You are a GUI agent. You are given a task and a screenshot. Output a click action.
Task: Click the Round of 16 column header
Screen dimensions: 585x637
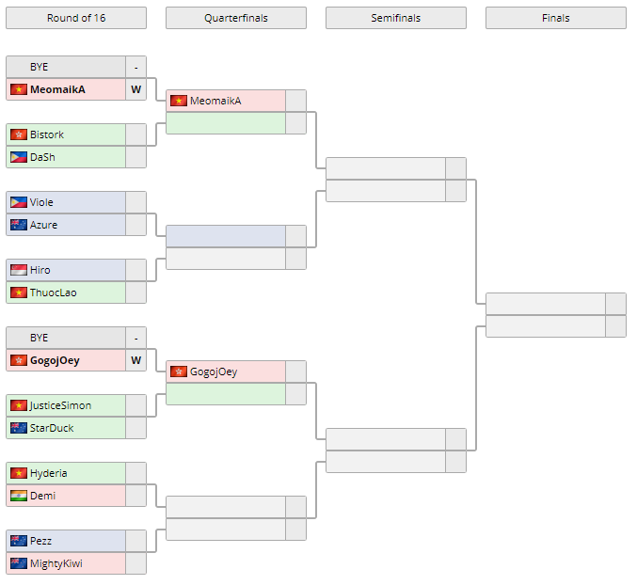pyautogui.click(x=75, y=18)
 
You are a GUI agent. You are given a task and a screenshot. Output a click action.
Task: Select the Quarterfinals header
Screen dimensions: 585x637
pyautogui.click(x=235, y=18)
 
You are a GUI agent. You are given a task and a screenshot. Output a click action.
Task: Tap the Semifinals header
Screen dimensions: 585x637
pyautogui.click(x=395, y=18)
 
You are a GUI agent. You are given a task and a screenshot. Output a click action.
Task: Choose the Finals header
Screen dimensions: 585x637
pyautogui.click(x=555, y=18)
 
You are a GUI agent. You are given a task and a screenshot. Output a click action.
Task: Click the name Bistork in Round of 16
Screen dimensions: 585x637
pyautogui.click(x=47, y=134)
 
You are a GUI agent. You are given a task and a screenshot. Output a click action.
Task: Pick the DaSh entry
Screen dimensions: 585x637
pyautogui.click(x=42, y=157)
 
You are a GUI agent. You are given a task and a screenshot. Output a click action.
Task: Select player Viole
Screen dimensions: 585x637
pyautogui.click(x=41, y=202)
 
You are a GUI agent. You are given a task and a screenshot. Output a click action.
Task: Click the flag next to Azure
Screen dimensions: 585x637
pyautogui.click(x=19, y=225)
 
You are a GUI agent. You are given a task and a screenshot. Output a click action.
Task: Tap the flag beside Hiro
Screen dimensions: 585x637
pyautogui.click(x=19, y=270)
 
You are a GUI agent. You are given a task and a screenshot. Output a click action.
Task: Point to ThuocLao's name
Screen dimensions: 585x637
pyautogui.click(x=53, y=292)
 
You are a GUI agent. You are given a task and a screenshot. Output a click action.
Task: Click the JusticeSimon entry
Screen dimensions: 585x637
pyautogui.click(x=60, y=405)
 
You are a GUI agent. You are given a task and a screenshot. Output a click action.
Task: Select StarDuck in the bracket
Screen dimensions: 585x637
pyautogui.click(x=51, y=428)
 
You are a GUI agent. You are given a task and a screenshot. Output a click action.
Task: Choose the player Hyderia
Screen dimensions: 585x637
pyautogui.click(x=48, y=473)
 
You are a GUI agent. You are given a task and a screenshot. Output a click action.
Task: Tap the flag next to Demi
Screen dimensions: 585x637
pyautogui.click(x=19, y=496)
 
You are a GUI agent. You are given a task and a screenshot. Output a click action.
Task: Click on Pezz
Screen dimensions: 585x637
pyautogui.click(x=40, y=541)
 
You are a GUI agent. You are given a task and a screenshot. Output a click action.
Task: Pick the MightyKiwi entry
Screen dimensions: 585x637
pyautogui.click(x=56, y=563)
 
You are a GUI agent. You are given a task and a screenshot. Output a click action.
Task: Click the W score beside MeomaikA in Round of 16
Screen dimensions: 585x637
pyautogui.click(x=135, y=89)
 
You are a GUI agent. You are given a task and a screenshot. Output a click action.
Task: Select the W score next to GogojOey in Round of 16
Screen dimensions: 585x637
pyautogui.click(x=135, y=360)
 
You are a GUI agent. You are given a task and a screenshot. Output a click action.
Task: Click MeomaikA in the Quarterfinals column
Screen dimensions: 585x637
pyautogui.click(x=215, y=101)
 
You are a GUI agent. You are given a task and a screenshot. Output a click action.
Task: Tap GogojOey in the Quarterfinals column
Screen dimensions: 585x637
pyautogui.click(x=214, y=372)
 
